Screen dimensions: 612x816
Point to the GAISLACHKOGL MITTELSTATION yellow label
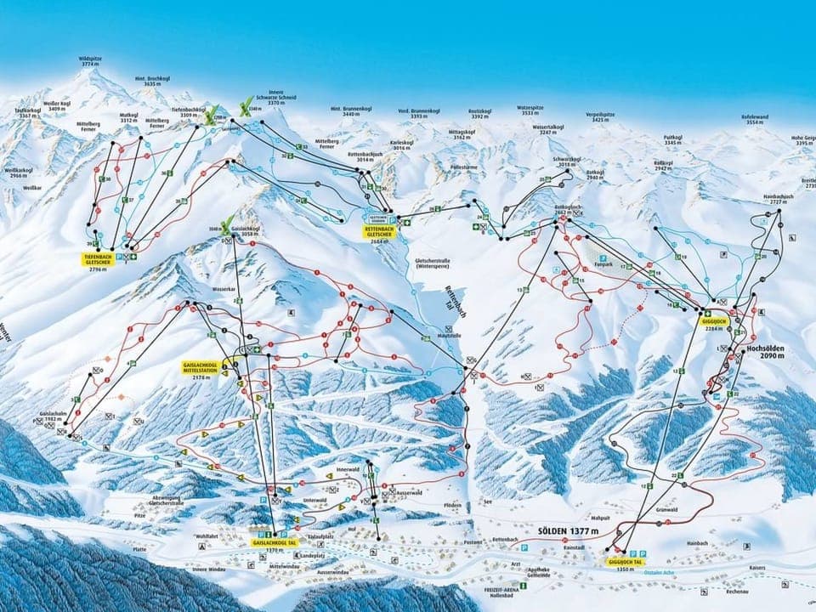pos(201,366)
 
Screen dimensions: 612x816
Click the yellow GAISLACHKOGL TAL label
pos(275,541)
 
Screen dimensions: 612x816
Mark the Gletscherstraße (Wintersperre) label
pos(415,263)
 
